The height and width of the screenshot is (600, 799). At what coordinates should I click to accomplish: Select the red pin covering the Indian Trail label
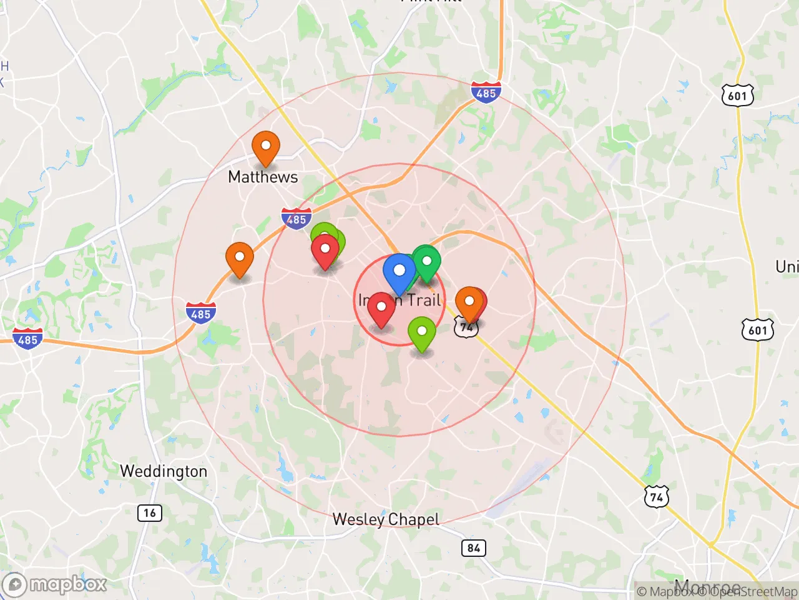pos(381,307)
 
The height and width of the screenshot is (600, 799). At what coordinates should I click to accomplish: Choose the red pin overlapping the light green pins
pos(325,250)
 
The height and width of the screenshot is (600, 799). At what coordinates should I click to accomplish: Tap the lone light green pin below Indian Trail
pos(422,332)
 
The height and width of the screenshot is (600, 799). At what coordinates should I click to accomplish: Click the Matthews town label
pos(263,177)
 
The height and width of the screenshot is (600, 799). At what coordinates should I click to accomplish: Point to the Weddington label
pos(164,471)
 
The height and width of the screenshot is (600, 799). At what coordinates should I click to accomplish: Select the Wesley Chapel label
pos(386,519)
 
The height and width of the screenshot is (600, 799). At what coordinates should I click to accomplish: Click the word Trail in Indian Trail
pos(424,301)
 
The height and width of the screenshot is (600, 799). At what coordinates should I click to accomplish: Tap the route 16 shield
pos(150,513)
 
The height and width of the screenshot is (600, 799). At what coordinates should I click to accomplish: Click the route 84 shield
pos(474,548)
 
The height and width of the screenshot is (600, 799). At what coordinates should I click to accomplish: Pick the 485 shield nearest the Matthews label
pos(297,219)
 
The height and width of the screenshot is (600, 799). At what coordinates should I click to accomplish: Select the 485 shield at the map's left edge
pos(28,339)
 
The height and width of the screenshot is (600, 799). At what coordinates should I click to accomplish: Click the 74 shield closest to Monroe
pos(656,497)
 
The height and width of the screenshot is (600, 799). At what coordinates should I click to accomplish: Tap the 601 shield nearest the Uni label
pos(757,329)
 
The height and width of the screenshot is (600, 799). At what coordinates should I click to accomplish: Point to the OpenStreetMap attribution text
pos(755,591)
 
